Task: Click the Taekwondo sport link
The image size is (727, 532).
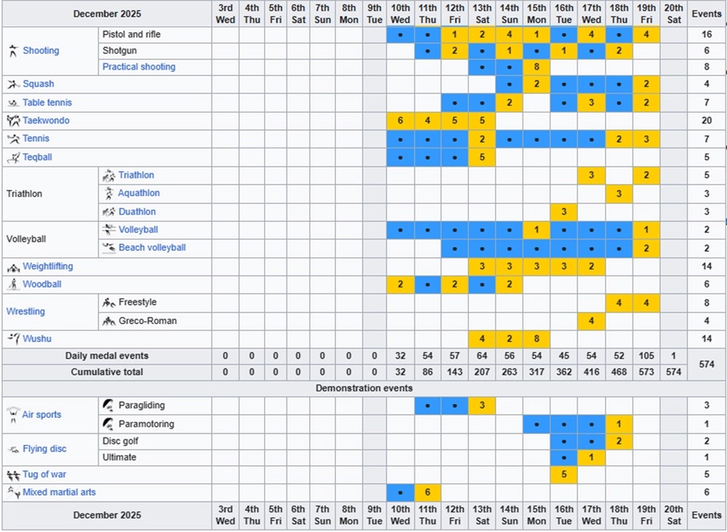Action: (46, 121)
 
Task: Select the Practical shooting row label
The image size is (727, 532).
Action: (138, 67)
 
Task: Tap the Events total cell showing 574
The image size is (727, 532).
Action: (706, 364)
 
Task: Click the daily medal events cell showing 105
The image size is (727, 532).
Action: (646, 356)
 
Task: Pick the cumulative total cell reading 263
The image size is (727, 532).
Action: (509, 372)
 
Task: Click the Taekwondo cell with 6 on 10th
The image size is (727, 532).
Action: (400, 121)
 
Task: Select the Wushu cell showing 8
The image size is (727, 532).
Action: (537, 339)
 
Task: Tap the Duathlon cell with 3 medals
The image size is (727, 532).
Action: (563, 211)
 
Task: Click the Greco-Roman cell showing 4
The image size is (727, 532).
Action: (591, 321)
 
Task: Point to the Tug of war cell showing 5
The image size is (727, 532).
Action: (563, 475)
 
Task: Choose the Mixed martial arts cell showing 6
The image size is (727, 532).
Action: (427, 493)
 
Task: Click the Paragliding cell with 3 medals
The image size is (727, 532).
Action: (482, 405)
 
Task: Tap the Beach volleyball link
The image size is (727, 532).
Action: (152, 248)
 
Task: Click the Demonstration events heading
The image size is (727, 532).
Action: (363, 388)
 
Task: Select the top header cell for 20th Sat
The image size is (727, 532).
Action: (673, 14)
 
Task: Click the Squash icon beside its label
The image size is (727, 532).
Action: (12, 84)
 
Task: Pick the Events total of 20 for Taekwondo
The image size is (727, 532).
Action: (706, 121)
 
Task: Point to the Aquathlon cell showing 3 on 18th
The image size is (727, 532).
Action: (618, 193)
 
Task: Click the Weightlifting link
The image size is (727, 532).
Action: (47, 267)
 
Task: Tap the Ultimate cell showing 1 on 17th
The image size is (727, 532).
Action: (591, 458)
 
